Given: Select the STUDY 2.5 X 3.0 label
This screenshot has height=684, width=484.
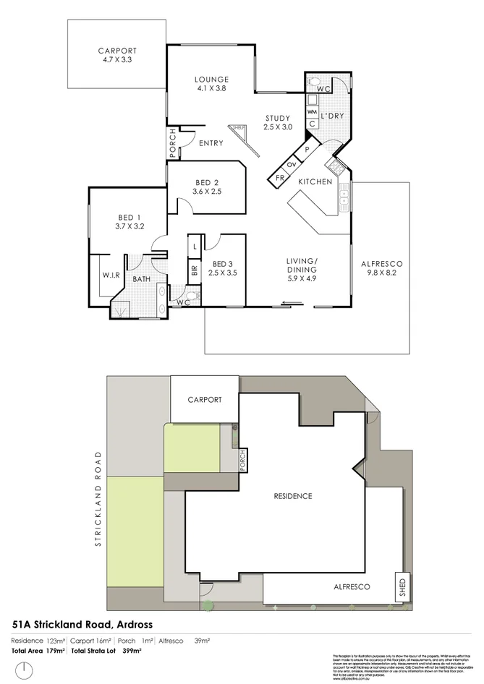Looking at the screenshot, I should click(278, 123).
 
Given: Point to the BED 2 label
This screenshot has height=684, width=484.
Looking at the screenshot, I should click(205, 187).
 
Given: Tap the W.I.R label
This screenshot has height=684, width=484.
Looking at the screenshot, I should click(110, 275).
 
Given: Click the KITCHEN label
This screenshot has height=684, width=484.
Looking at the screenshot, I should click(315, 181).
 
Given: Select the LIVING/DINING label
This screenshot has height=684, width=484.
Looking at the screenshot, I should click(302, 268).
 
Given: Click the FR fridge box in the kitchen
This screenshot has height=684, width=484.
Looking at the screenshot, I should click(279, 177).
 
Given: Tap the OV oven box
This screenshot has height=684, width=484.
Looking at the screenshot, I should click(293, 164).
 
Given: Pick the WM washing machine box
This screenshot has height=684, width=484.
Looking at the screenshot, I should click(312, 113).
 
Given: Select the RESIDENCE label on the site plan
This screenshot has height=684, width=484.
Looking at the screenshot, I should click(292, 496).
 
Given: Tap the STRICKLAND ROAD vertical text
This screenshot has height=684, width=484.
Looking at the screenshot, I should click(98, 499).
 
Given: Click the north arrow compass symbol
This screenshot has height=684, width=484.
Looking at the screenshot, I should click(25, 670).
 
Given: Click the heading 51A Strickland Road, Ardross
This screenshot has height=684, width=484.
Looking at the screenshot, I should click(82, 623).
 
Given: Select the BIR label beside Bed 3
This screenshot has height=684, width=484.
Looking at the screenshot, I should click(194, 272).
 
